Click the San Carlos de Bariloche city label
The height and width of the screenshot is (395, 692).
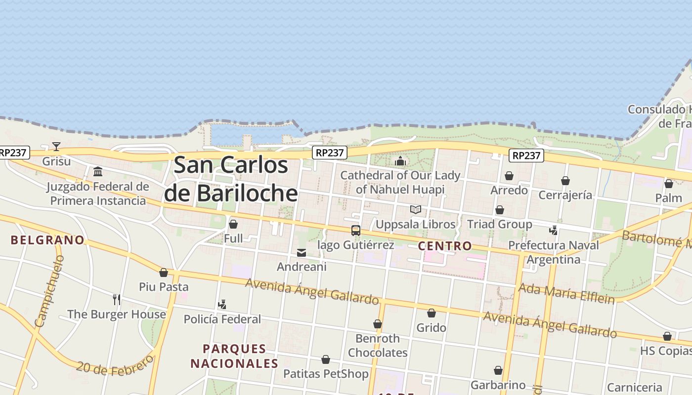coord(231,179)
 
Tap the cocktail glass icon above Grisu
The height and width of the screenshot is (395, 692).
coord(56,147)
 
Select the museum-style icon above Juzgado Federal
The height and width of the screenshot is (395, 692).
coord(98,172)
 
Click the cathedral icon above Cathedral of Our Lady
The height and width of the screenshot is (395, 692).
coord(400,161)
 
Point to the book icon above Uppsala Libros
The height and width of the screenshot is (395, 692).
coord(416,210)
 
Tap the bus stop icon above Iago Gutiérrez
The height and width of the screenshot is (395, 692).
coord(356,231)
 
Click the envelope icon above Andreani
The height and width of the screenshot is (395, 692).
coord(302,253)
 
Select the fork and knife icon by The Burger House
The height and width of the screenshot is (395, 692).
coord(117,299)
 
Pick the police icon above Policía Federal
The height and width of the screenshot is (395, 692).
coord(222,304)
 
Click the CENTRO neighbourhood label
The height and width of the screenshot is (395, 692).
coord(445,246)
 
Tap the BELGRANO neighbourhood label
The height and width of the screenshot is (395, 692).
coord(48,240)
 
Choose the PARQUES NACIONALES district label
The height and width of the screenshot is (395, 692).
coord(235,356)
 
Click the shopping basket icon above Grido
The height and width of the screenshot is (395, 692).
coord(432,313)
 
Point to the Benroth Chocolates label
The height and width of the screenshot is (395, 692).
coord(378,346)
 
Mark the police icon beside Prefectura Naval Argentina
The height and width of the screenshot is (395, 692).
coord(554,230)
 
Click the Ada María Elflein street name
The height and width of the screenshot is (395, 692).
coord(566,293)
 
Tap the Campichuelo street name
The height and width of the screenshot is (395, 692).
coord(50,291)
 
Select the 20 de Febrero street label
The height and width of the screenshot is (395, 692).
coord(115,366)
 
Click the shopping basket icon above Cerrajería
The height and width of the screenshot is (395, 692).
coord(565,181)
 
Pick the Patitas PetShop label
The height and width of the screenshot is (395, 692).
coord(326,374)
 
